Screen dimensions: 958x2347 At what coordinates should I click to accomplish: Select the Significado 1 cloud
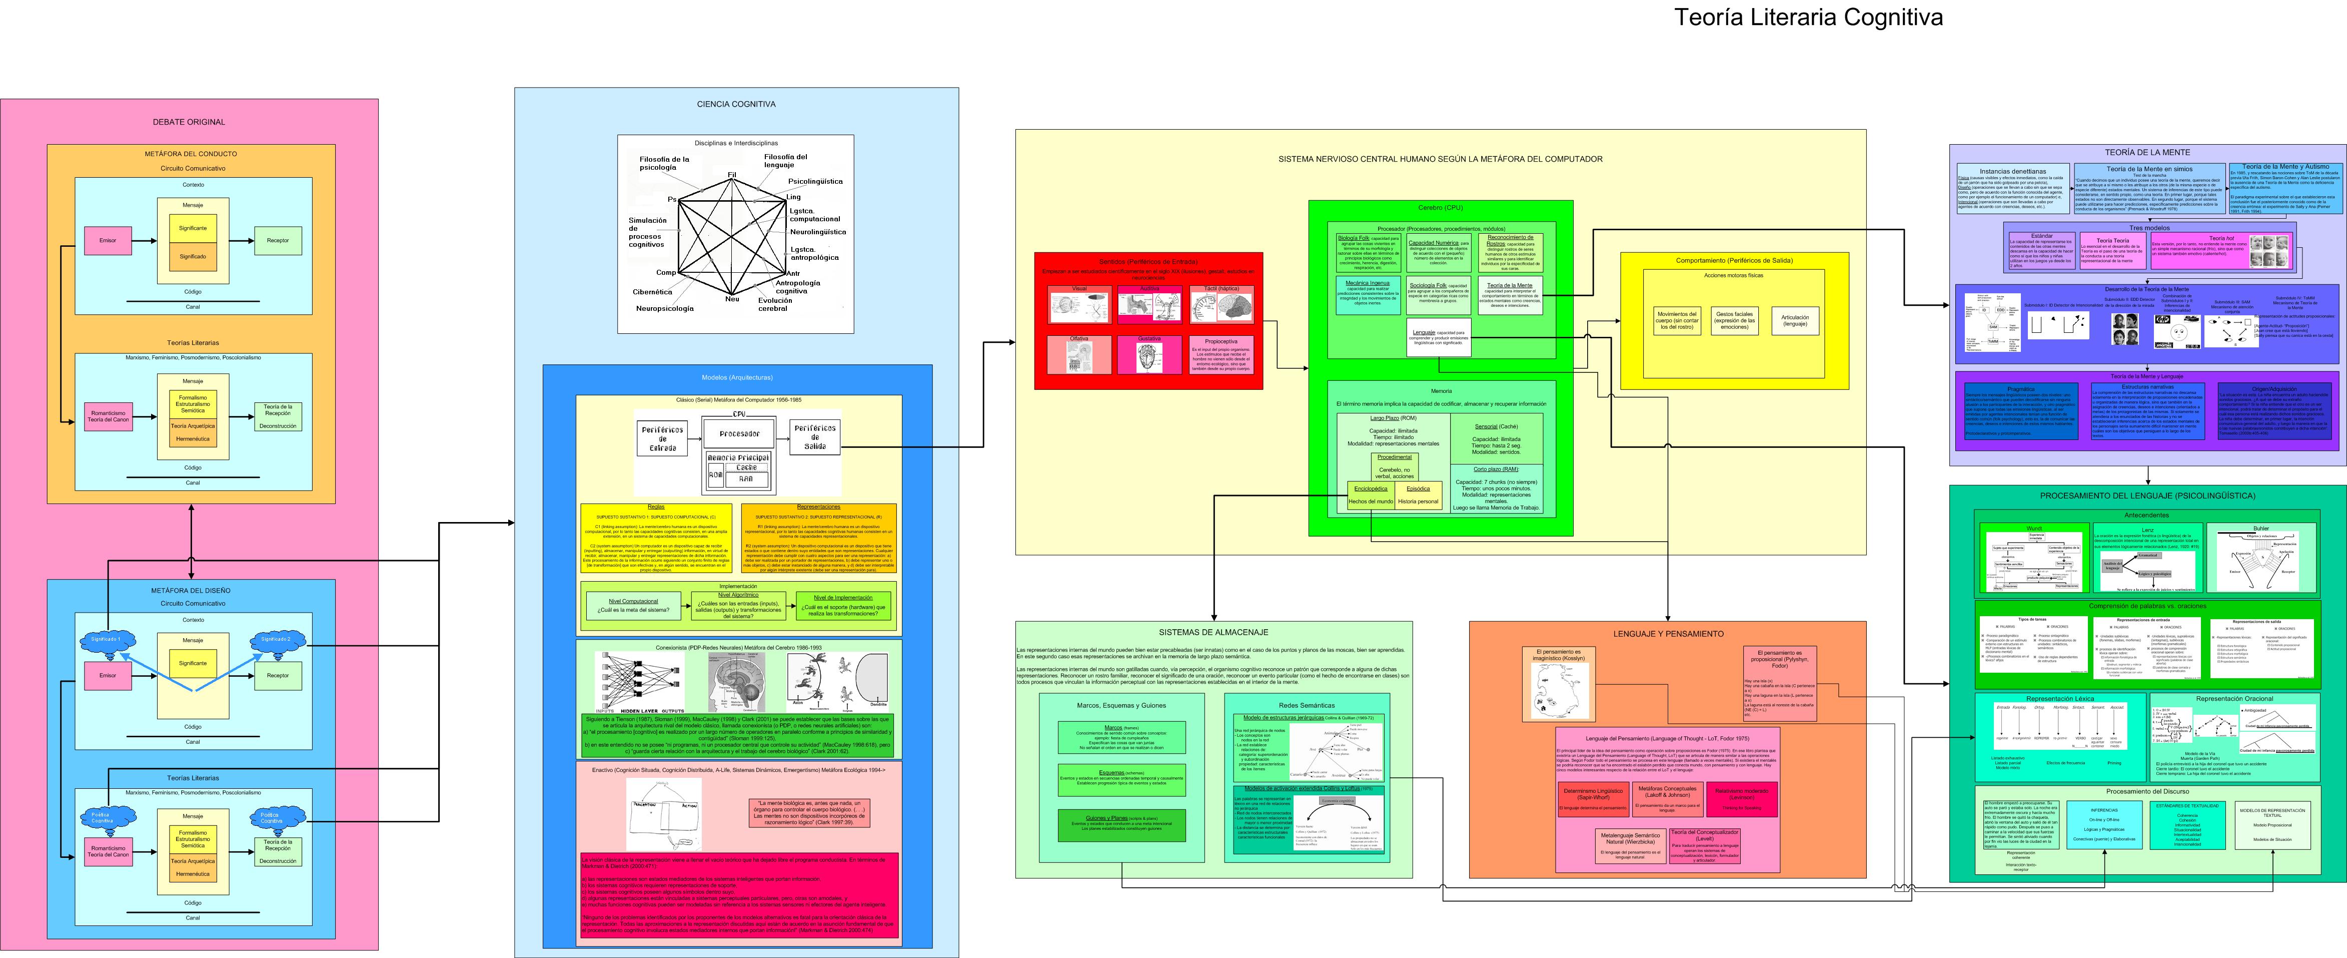[106, 640]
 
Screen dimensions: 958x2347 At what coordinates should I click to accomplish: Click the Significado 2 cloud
[276, 640]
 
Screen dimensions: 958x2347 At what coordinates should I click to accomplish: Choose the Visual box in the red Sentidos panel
[1079, 304]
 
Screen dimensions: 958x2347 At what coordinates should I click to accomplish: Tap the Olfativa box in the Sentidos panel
[1079, 354]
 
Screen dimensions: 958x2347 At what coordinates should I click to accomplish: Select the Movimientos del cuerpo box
[1676, 320]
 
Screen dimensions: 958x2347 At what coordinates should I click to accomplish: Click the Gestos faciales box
[1734, 320]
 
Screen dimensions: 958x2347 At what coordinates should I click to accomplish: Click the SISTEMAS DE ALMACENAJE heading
[1213, 632]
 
